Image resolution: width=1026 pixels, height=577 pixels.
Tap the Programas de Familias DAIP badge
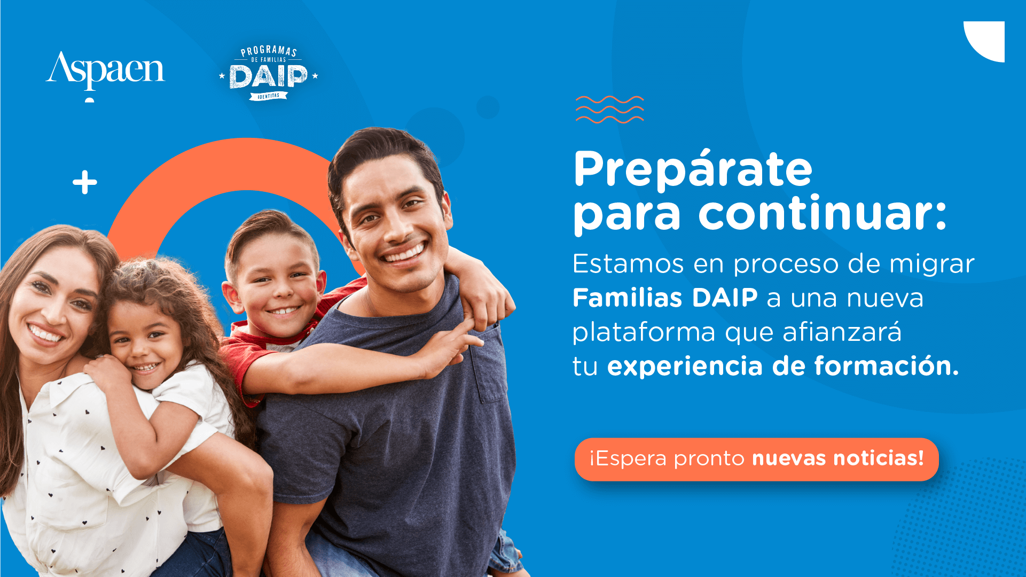[x=268, y=73]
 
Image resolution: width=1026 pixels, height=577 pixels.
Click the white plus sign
[x=85, y=183]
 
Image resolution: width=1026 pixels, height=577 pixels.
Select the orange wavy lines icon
[x=609, y=110]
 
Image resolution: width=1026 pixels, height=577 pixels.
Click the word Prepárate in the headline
[x=693, y=170]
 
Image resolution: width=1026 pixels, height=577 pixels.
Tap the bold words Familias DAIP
[x=665, y=298]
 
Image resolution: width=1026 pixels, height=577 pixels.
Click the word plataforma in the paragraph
[x=644, y=333]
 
